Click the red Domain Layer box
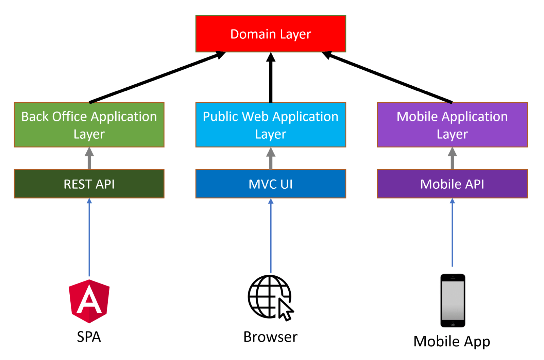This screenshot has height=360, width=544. (x=271, y=34)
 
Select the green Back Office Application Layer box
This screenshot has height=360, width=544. (x=89, y=125)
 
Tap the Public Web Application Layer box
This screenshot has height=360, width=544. (x=271, y=125)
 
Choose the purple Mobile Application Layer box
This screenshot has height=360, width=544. (x=452, y=125)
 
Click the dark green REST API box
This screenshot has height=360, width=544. (x=89, y=184)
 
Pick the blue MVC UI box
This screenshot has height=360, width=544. (x=271, y=184)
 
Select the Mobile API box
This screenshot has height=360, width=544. (x=452, y=184)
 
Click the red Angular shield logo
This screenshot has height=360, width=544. (x=89, y=301)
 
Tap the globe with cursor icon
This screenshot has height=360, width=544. (x=270, y=298)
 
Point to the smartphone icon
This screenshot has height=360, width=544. (x=453, y=301)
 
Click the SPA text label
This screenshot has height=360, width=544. (x=89, y=337)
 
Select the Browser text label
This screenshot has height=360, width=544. (x=270, y=337)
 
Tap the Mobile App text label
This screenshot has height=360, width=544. (x=452, y=341)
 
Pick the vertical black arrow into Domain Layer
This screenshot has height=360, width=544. (x=271, y=78)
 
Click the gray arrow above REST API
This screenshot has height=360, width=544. (x=89, y=159)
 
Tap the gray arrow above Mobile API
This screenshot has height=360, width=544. (x=452, y=159)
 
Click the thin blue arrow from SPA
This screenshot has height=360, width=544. (x=89, y=238)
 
